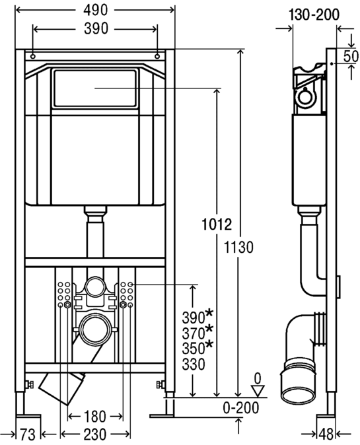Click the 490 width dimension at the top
tap(96, 10)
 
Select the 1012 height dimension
tap(217, 224)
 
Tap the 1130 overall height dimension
tap(238, 247)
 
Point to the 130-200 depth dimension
tap(314, 14)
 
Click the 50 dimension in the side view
tap(351, 56)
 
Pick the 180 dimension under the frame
tap(95, 417)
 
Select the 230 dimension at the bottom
tap(95, 434)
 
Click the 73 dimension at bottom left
tap(28, 434)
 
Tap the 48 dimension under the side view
tap(326, 434)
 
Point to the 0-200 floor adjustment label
tap(240, 408)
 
